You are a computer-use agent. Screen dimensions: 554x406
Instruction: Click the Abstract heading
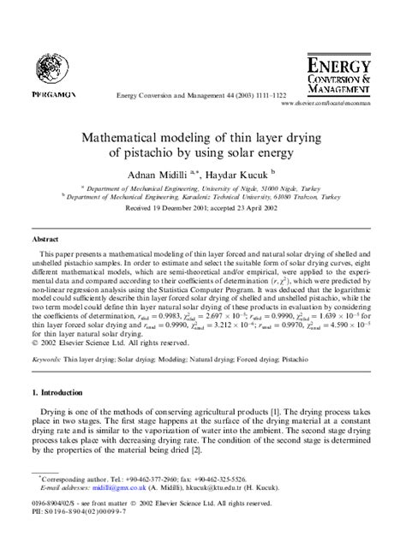[45, 241]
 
